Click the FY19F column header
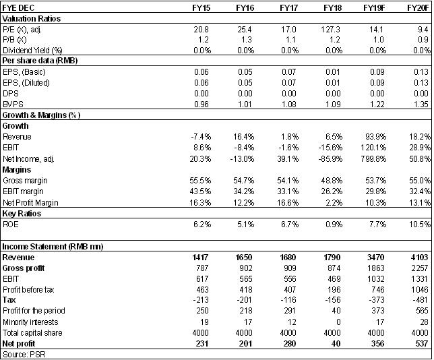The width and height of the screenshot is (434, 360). point(374,8)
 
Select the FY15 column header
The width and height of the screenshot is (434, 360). point(201,8)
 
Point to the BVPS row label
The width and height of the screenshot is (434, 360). point(13,104)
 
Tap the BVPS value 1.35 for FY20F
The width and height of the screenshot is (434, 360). point(421,104)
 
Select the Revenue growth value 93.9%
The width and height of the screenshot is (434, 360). point(376,137)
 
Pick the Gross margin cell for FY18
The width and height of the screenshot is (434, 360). point(332,181)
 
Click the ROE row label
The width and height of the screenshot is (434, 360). point(11,224)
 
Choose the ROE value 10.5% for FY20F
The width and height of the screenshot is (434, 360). point(420,224)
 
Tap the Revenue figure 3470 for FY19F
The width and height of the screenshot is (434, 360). point(375,258)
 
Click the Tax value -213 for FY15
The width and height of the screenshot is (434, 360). point(199,300)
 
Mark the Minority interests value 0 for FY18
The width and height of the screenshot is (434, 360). point(338,322)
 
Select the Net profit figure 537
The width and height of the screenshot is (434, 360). point(422,344)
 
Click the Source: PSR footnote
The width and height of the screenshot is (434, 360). point(24,354)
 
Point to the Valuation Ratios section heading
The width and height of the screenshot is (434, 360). point(31,19)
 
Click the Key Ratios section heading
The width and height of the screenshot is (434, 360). point(22,214)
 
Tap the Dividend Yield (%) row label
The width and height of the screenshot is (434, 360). point(32,51)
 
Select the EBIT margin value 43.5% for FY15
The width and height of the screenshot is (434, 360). point(200,191)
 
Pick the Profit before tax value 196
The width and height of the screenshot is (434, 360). point(334,290)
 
